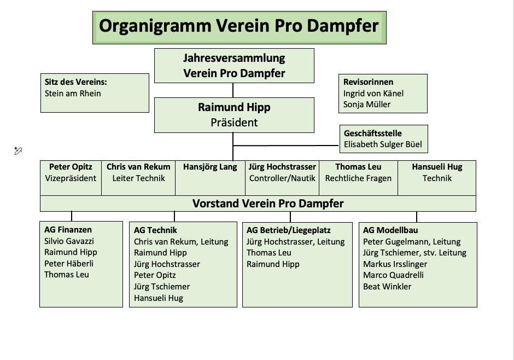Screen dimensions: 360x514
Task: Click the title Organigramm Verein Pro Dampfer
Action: [x=239, y=26]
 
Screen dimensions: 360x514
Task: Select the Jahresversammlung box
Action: [x=234, y=65]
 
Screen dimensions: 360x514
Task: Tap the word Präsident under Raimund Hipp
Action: [x=234, y=123]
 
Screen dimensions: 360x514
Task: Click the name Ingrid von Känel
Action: [x=373, y=94]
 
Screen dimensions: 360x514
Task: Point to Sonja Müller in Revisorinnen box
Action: [x=367, y=104]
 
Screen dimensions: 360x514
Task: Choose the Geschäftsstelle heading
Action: [x=373, y=133]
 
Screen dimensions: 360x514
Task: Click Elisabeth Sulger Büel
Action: [x=383, y=145]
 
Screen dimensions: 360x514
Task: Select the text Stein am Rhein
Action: [x=73, y=94]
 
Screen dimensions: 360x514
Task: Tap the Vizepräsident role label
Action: [x=71, y=178]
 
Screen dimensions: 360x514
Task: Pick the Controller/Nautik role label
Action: [x=282, y=178]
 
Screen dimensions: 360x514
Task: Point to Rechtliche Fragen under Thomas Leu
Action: [x=358, y=178]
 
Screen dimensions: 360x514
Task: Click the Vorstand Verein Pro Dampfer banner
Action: [x=268, y=204]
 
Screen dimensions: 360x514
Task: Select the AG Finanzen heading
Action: [x=68, y=230]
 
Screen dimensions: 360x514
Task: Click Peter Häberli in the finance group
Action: [x=69, y=264]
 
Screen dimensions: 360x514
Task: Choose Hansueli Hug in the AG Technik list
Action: [x=159, y=298]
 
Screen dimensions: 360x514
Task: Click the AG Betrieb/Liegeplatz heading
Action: [x=289, y=230]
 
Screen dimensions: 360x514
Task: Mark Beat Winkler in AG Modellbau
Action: [x=387, y=287]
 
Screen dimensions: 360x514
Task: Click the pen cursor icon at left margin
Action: [x=18, y=151]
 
